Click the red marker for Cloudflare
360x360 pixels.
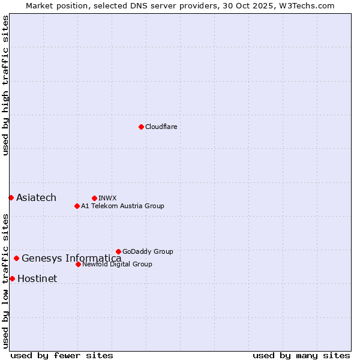(141, 127)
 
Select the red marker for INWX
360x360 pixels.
(94, 198)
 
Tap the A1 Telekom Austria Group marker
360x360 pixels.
(77, 206)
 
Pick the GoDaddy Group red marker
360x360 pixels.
(118, 251)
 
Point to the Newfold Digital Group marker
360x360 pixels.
(78, 264)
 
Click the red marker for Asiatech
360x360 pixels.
(11, 197)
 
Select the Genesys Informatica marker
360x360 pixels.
(16, 259)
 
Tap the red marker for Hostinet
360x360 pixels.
(12, 278)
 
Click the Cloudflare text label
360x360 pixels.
(161, 127)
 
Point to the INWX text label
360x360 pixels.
(107, 198)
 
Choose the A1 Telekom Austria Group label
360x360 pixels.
(122, 206)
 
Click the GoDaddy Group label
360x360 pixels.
(148, 251)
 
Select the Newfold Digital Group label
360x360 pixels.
(117, 264)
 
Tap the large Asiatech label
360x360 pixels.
(36, 198)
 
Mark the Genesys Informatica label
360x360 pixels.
(71, 259)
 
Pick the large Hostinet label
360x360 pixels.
(37, 278)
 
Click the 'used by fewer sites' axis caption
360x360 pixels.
(62, 355)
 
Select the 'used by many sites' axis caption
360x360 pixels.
(301, 355)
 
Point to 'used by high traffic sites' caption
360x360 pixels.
(5, 86)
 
